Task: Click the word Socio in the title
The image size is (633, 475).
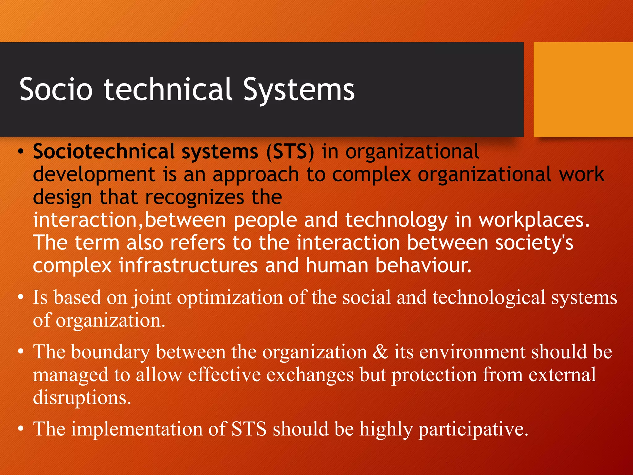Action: coord(56,89)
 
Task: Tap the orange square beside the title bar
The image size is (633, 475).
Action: coord(583,89)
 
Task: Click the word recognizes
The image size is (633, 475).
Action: coord(194,197)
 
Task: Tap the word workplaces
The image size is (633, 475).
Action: coord(534,220)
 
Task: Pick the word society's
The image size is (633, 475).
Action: coord(534,243)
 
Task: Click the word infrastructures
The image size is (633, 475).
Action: coord(188,266)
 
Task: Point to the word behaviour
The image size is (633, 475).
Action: coord(423,266)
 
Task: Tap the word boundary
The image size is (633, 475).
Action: coord(110,352)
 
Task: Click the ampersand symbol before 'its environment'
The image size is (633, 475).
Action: coord(380,352)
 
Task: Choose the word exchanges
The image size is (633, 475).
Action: coord(310,375)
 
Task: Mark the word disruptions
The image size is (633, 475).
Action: coord(82,398)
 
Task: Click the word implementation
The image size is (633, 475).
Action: coord(137,430)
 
